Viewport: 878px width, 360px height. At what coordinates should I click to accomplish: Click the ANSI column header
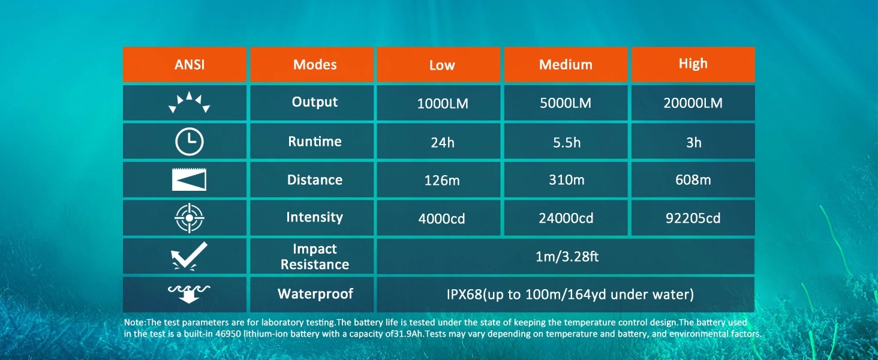pos(190,64)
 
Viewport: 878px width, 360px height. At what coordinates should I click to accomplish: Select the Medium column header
pos(566,64)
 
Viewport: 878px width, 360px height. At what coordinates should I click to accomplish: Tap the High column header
pos(693,64)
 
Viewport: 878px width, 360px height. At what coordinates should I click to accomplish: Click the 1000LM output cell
pos(443,104)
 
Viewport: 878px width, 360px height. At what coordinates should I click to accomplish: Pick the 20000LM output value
pos(693,103)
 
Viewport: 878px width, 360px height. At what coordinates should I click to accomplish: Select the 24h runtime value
pos(443,142)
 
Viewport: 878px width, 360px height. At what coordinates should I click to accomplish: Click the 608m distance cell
pos(693,179)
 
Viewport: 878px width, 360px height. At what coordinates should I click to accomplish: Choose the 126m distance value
pos(442,181)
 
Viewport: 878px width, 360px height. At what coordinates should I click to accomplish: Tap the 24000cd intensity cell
pos(566,218)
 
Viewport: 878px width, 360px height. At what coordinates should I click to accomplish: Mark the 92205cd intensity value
pos(693,218)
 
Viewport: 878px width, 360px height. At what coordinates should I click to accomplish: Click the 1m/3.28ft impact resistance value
pos(567,256)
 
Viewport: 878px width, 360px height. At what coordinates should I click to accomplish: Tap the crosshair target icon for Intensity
pos(190,218)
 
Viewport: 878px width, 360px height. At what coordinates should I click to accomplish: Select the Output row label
pos(315,102)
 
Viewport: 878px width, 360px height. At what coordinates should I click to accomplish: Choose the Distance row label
pos(315,179)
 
